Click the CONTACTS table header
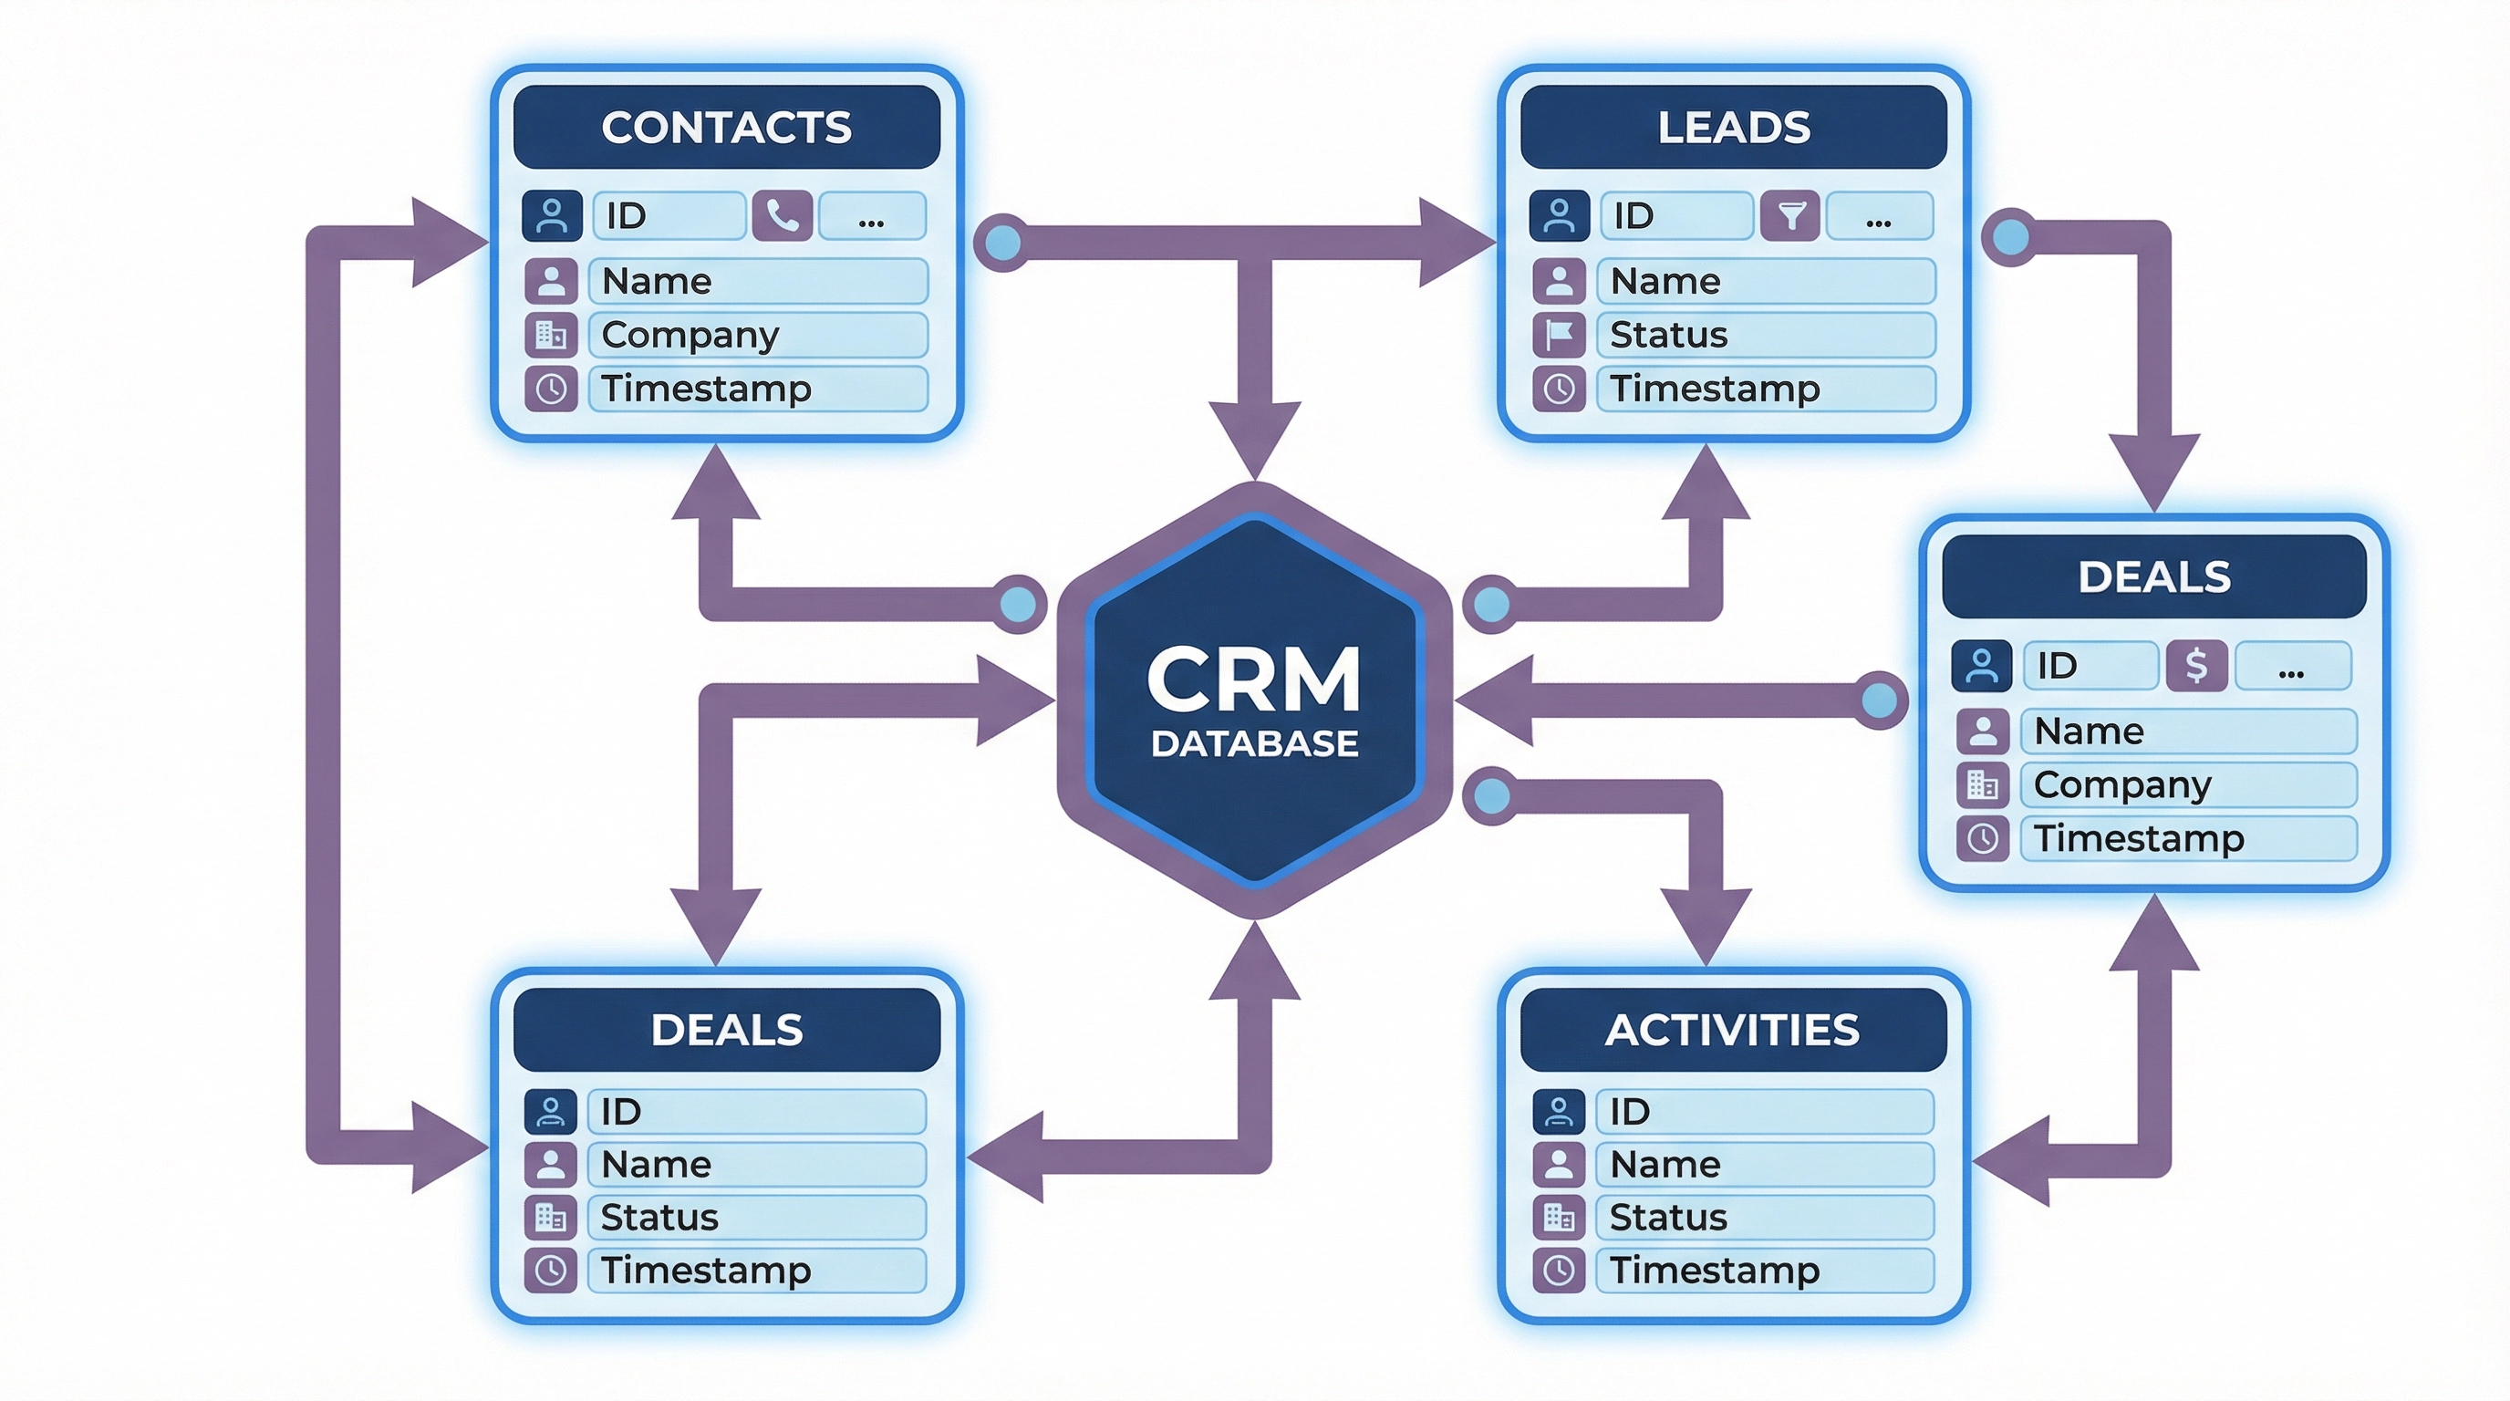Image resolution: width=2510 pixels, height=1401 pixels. (x=726, y=128)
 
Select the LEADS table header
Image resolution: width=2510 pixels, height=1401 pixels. (x=1734, y=128)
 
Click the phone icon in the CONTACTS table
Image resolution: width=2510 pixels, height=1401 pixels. (x=783, y=215)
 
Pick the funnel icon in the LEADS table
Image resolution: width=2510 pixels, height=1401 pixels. (x=1790, y=215)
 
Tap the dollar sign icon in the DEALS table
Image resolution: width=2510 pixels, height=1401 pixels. (x=2196, y=666)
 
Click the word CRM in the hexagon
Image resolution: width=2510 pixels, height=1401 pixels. (x=1254, y=680)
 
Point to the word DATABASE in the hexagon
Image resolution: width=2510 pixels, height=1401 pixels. (x=1254, y=743)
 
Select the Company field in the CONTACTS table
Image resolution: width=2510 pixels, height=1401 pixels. (x=757, y=335)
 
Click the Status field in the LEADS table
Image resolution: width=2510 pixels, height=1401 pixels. (x=1765, y=335)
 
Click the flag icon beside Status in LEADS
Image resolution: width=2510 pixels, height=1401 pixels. (x=1559, y=335)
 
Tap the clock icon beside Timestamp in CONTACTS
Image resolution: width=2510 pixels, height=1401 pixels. (x=552, y=389)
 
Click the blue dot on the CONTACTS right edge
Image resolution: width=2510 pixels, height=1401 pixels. (x=1002, y=242)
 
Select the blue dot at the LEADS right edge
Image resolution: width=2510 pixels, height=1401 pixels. (x=2011, y=237)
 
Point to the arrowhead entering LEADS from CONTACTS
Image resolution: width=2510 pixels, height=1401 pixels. (x=1457, y=242)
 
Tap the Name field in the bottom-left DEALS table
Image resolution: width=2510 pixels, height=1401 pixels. (x=756, y=1164)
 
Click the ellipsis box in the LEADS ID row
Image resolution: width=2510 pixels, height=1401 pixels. (x=1879, y=215)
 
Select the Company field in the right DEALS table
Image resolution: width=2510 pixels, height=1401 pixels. (x=2187, y=784)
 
